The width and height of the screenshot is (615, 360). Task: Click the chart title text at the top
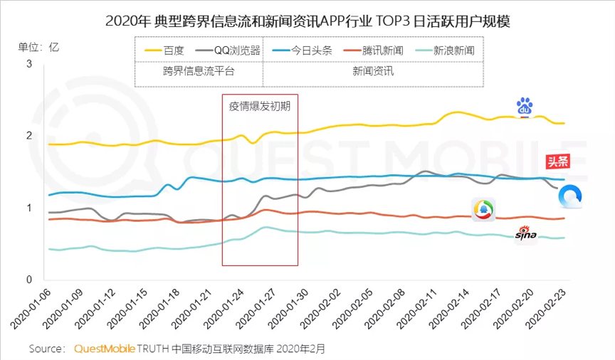tap(307, 20)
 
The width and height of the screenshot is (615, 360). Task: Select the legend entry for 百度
tap(164, 51)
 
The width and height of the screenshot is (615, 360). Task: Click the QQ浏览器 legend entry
tap(228, 51)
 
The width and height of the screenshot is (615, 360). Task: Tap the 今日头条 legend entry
tap(302, 51)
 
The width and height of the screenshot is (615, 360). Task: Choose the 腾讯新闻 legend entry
tap(373, 51)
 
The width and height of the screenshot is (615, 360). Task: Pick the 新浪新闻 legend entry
tap(444, 51)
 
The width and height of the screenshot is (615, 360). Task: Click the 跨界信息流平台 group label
tap(199, 71)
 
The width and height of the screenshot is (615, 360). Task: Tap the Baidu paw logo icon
tap(525, 107)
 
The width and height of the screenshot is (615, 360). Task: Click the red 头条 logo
tap(557, 161)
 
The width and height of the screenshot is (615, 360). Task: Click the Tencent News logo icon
tap(483, 209)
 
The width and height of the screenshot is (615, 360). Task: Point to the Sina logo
tap(526, 234)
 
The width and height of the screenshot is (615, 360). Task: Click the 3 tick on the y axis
tap(29, 64)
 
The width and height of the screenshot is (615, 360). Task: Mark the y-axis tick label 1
tap(29, 208)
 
